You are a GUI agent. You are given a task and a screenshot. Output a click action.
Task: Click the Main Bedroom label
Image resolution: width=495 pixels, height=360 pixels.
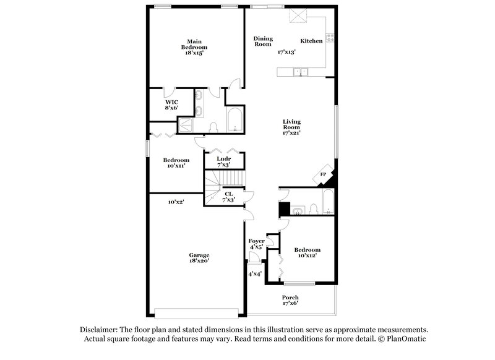click(194, 45)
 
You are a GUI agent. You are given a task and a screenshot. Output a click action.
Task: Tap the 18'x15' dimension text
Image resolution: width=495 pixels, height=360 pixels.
click(194, 53)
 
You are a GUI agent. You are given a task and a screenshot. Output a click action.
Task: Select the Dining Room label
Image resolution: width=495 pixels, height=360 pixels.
click(263, 41)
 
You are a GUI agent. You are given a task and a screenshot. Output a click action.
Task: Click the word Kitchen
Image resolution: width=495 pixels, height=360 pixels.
click(311, 41)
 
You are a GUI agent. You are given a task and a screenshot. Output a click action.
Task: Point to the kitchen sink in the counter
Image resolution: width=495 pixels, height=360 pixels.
click(302, 72)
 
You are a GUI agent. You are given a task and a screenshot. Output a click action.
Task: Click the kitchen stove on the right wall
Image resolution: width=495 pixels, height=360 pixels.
click(330, 37)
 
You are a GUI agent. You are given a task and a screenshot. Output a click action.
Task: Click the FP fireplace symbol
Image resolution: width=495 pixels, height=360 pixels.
click(323, 175)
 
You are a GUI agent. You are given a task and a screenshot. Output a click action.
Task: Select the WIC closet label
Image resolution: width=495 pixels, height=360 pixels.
click(171, 102)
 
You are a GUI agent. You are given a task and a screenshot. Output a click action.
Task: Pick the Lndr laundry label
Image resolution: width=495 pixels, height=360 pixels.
click(223, 159)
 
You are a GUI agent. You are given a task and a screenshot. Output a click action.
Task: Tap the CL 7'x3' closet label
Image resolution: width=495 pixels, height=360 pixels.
click(229, 197)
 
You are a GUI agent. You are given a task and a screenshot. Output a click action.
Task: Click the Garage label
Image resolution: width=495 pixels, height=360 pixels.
click(199, 255)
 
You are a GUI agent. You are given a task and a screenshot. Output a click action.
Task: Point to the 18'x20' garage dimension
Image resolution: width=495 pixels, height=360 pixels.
click(199, 261)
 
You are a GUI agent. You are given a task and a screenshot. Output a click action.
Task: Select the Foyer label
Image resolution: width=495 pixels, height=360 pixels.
click(256, 241)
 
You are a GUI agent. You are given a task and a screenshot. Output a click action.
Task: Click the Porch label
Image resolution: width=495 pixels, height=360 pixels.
click(290, 298)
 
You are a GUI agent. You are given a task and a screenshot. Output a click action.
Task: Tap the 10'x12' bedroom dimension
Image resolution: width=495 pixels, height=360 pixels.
click(307, 255)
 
